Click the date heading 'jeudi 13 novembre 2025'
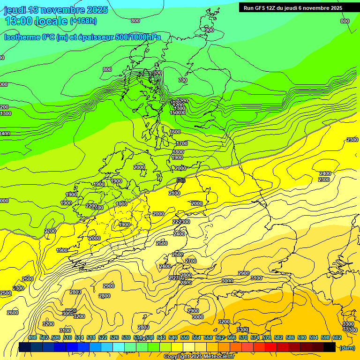[56, 10]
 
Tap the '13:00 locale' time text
[35, 21]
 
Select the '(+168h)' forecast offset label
[83, 21]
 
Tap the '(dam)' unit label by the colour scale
[347, 348]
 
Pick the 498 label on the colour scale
[32, 337]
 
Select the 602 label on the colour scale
[337, 337]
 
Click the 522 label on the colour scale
[103, 337]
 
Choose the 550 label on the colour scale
[185, 337]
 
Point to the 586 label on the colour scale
[290, 337]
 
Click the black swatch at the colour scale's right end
[330, 347]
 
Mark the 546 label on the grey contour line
[181, 180]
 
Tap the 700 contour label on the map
[183, 81]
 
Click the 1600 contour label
[175, 132]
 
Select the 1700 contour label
[182, 144]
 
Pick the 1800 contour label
[178, 152]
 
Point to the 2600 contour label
[13, 313]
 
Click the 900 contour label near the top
[209, 30]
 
